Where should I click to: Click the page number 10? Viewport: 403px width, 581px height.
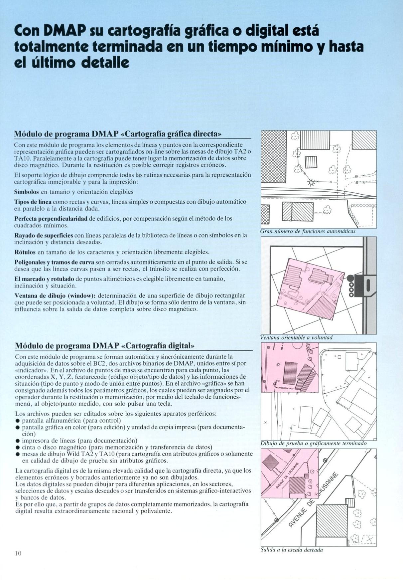click(18, 553)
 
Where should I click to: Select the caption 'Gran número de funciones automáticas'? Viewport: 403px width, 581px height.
click(308, 231)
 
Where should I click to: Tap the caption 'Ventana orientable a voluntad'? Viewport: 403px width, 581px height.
click(296, 337)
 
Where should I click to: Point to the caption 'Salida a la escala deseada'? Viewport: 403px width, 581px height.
click(292, 550)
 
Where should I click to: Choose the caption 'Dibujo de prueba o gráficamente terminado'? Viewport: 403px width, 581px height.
click(314, 443)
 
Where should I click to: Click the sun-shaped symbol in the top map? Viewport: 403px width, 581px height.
click(312, 182)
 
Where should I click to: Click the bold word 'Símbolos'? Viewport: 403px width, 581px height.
click(26, 192)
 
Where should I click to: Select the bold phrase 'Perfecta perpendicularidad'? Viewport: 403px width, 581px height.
click(51, 219)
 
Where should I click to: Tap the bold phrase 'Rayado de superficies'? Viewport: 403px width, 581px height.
click(44, 235)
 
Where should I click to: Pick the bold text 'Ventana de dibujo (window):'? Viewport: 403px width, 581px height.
click(55, 295)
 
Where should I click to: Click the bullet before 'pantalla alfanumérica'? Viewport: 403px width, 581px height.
click(18, 421)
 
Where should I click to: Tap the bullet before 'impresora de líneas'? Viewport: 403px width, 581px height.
click(18, 441)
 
